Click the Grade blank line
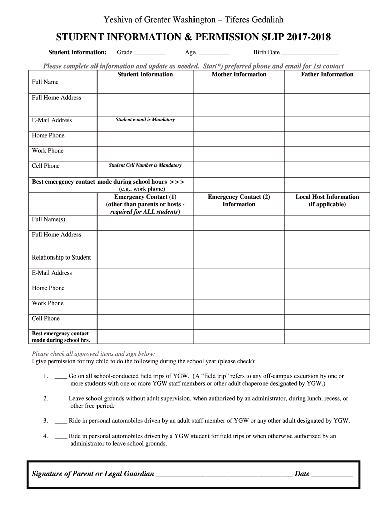[150, 53]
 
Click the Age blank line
[213, 53]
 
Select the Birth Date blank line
[310, 53]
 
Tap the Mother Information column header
[239, 74]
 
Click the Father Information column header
[327, 74]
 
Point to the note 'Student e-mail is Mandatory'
[145, 120]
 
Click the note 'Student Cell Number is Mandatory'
[145, 165]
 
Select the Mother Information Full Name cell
[239, 85]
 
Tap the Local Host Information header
[327, 200]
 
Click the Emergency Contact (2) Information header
[239, 200]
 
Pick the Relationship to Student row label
[61, 257]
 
